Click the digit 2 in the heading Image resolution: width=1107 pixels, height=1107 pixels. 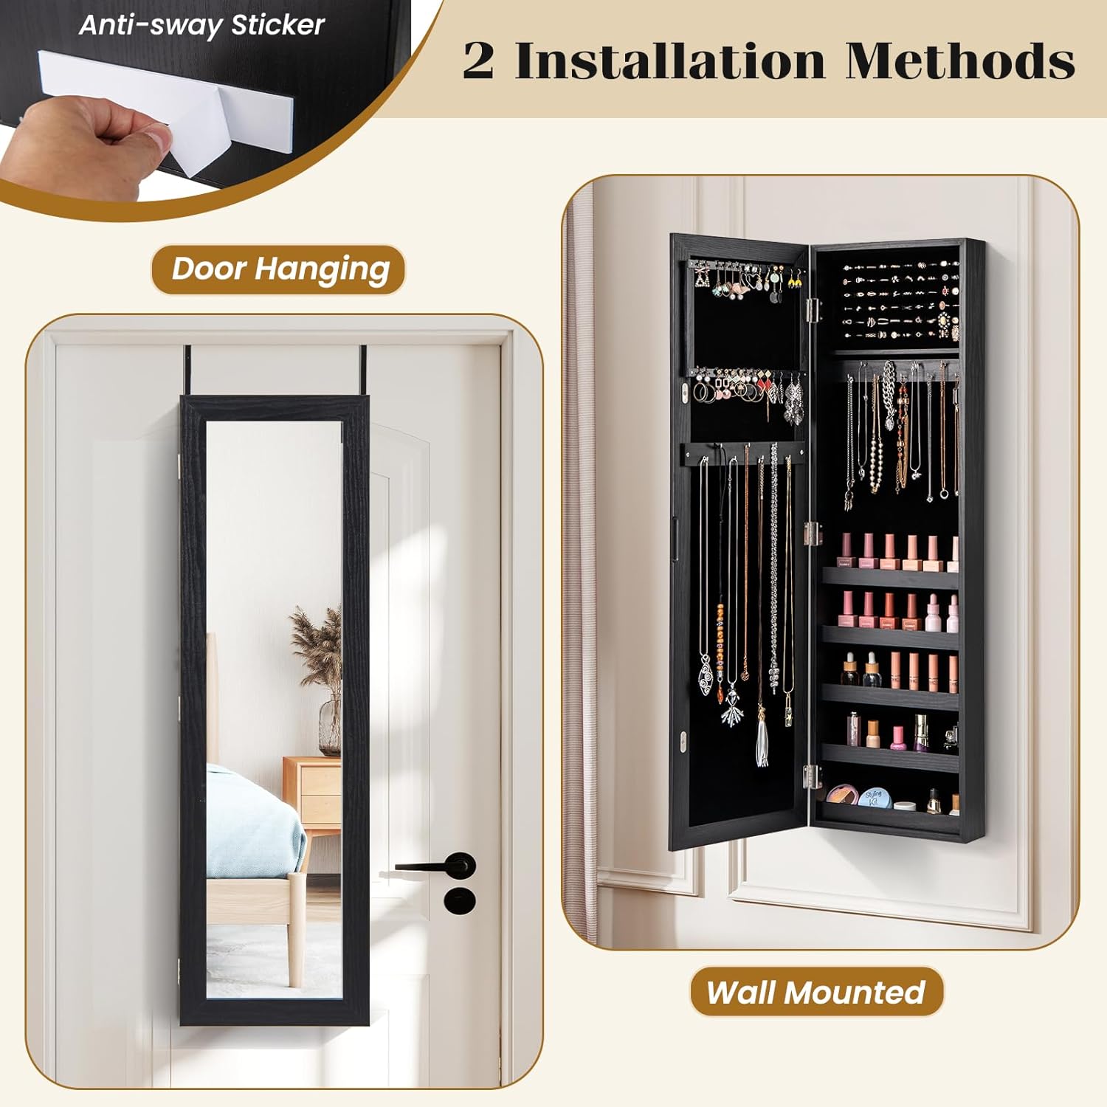(x=478, y=61)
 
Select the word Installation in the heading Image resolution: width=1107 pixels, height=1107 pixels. (x=669, y=61)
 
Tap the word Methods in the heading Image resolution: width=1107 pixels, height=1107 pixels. (x=960, y=61)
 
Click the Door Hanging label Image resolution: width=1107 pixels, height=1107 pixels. (x=280, y=269)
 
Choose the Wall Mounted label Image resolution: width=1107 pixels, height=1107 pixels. (x=816, y=992)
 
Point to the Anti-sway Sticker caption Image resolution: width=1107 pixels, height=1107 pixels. (x=201, y=25)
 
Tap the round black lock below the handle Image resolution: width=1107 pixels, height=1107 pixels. (x=459, y=900)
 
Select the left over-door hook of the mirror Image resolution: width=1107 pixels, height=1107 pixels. (x=189, y=371)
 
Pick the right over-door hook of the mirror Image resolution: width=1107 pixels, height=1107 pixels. (x=362, y=371)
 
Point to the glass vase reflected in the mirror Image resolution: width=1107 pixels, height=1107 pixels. (x=330, y=728)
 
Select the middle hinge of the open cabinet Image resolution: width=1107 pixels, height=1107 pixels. (x=813, y=533)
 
